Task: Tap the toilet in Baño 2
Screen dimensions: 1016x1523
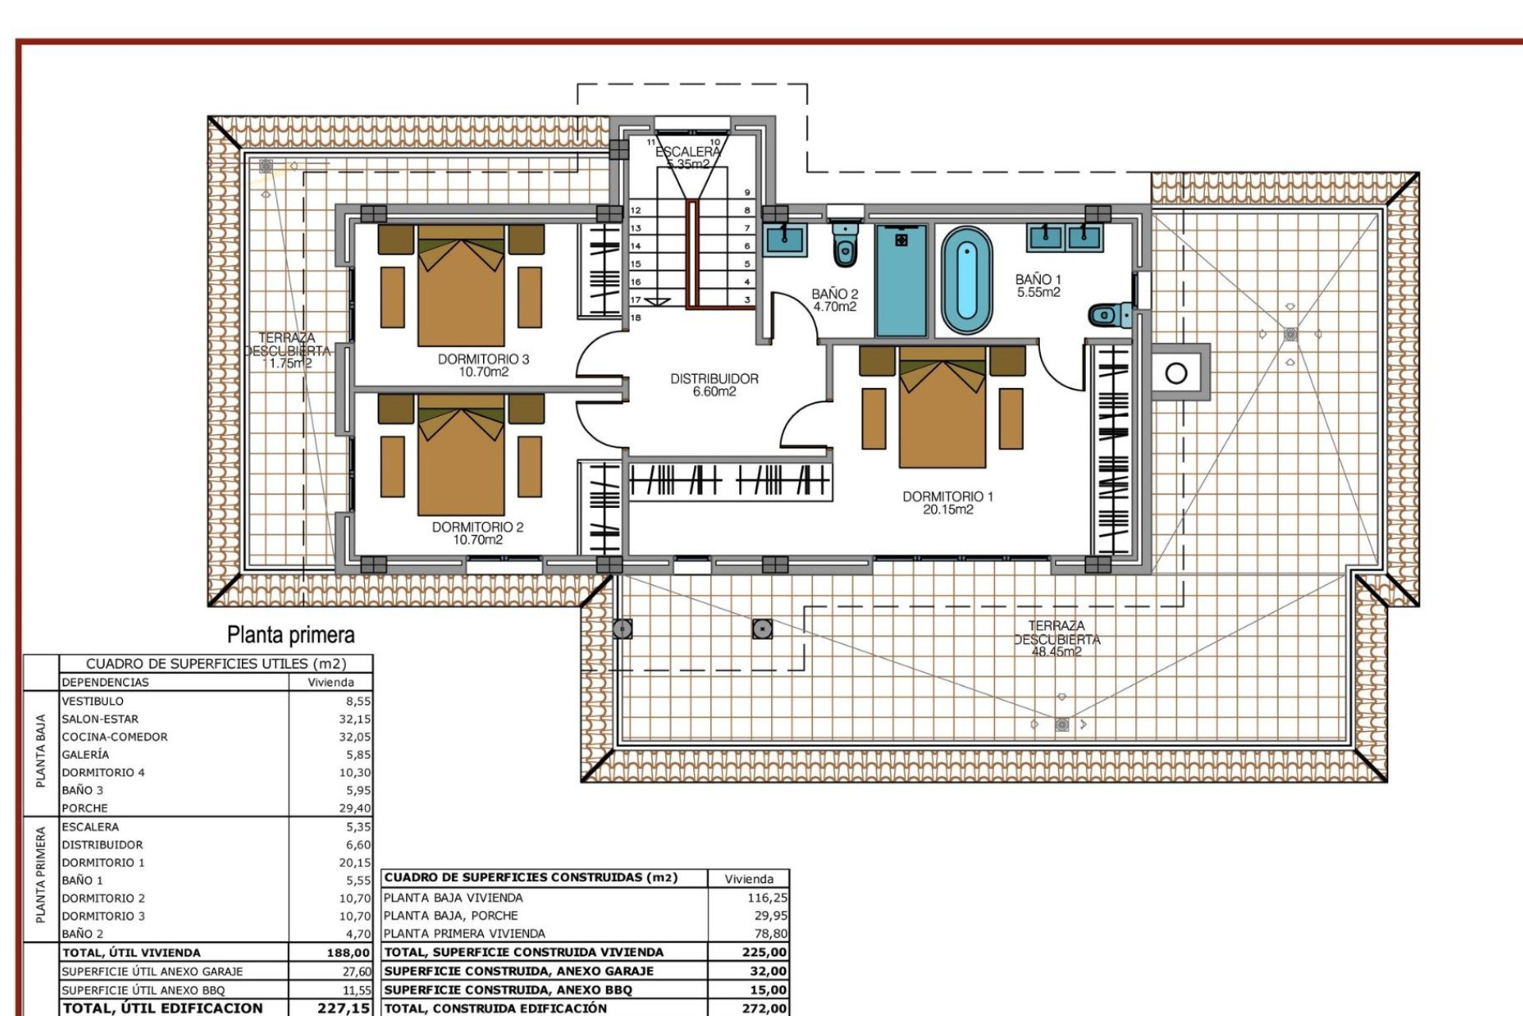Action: pyautogui.click(x=846, y=244)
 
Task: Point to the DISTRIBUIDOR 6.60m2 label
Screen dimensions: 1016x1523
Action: pyautogui.click(x=714, y=385)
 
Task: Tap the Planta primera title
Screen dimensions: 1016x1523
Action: pyautogui.click(x=290, y=635)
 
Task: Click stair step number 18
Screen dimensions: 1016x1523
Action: pyautogui.click(x=635, y=317)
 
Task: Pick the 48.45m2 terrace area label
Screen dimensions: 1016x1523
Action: pyautogui.click(x=1056, y=652)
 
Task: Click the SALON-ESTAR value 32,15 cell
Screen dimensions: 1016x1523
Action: pyautogui.click(x=354, y=719)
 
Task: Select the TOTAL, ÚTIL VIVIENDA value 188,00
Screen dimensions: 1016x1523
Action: pyautogui.click(x=348, y=952)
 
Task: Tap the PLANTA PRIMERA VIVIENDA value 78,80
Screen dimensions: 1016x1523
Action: pyautogui.click(x=769, y=933)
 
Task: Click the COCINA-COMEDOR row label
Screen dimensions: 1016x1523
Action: pyautogui.click(x=115, y=737)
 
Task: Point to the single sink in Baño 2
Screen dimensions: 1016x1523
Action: pyautogui.click(x=785, y=239)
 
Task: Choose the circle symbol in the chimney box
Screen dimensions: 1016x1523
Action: pyautogui.click(x=1176, y=372)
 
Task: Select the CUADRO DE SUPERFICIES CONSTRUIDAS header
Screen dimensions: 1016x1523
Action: pyautogui.click(x=531, y=878)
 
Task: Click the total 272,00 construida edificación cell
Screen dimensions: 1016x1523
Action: pyautogui.click(x=765, y=1008)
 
